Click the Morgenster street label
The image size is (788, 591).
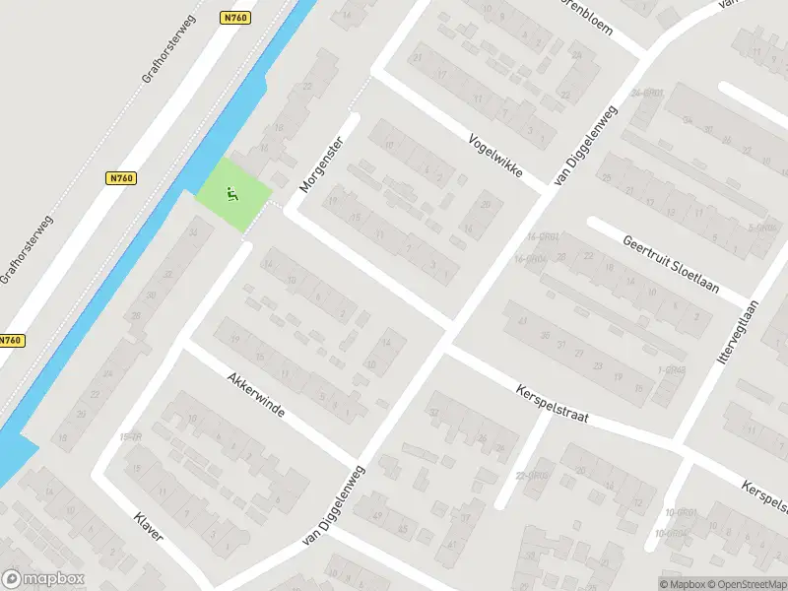pos(319,163)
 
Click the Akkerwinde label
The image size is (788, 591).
pos(255,395)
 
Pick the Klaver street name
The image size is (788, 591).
pos(149,533)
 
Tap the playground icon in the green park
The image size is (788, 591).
pos(232,194)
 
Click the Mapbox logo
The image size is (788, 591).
pos(42,579)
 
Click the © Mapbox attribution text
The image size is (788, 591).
pos(681,584)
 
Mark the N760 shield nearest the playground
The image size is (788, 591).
pos(121,178)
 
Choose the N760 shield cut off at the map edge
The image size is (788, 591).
pos(10,341)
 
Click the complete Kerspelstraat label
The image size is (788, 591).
pos(552,404)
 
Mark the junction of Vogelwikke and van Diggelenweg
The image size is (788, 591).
pos(543,190)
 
